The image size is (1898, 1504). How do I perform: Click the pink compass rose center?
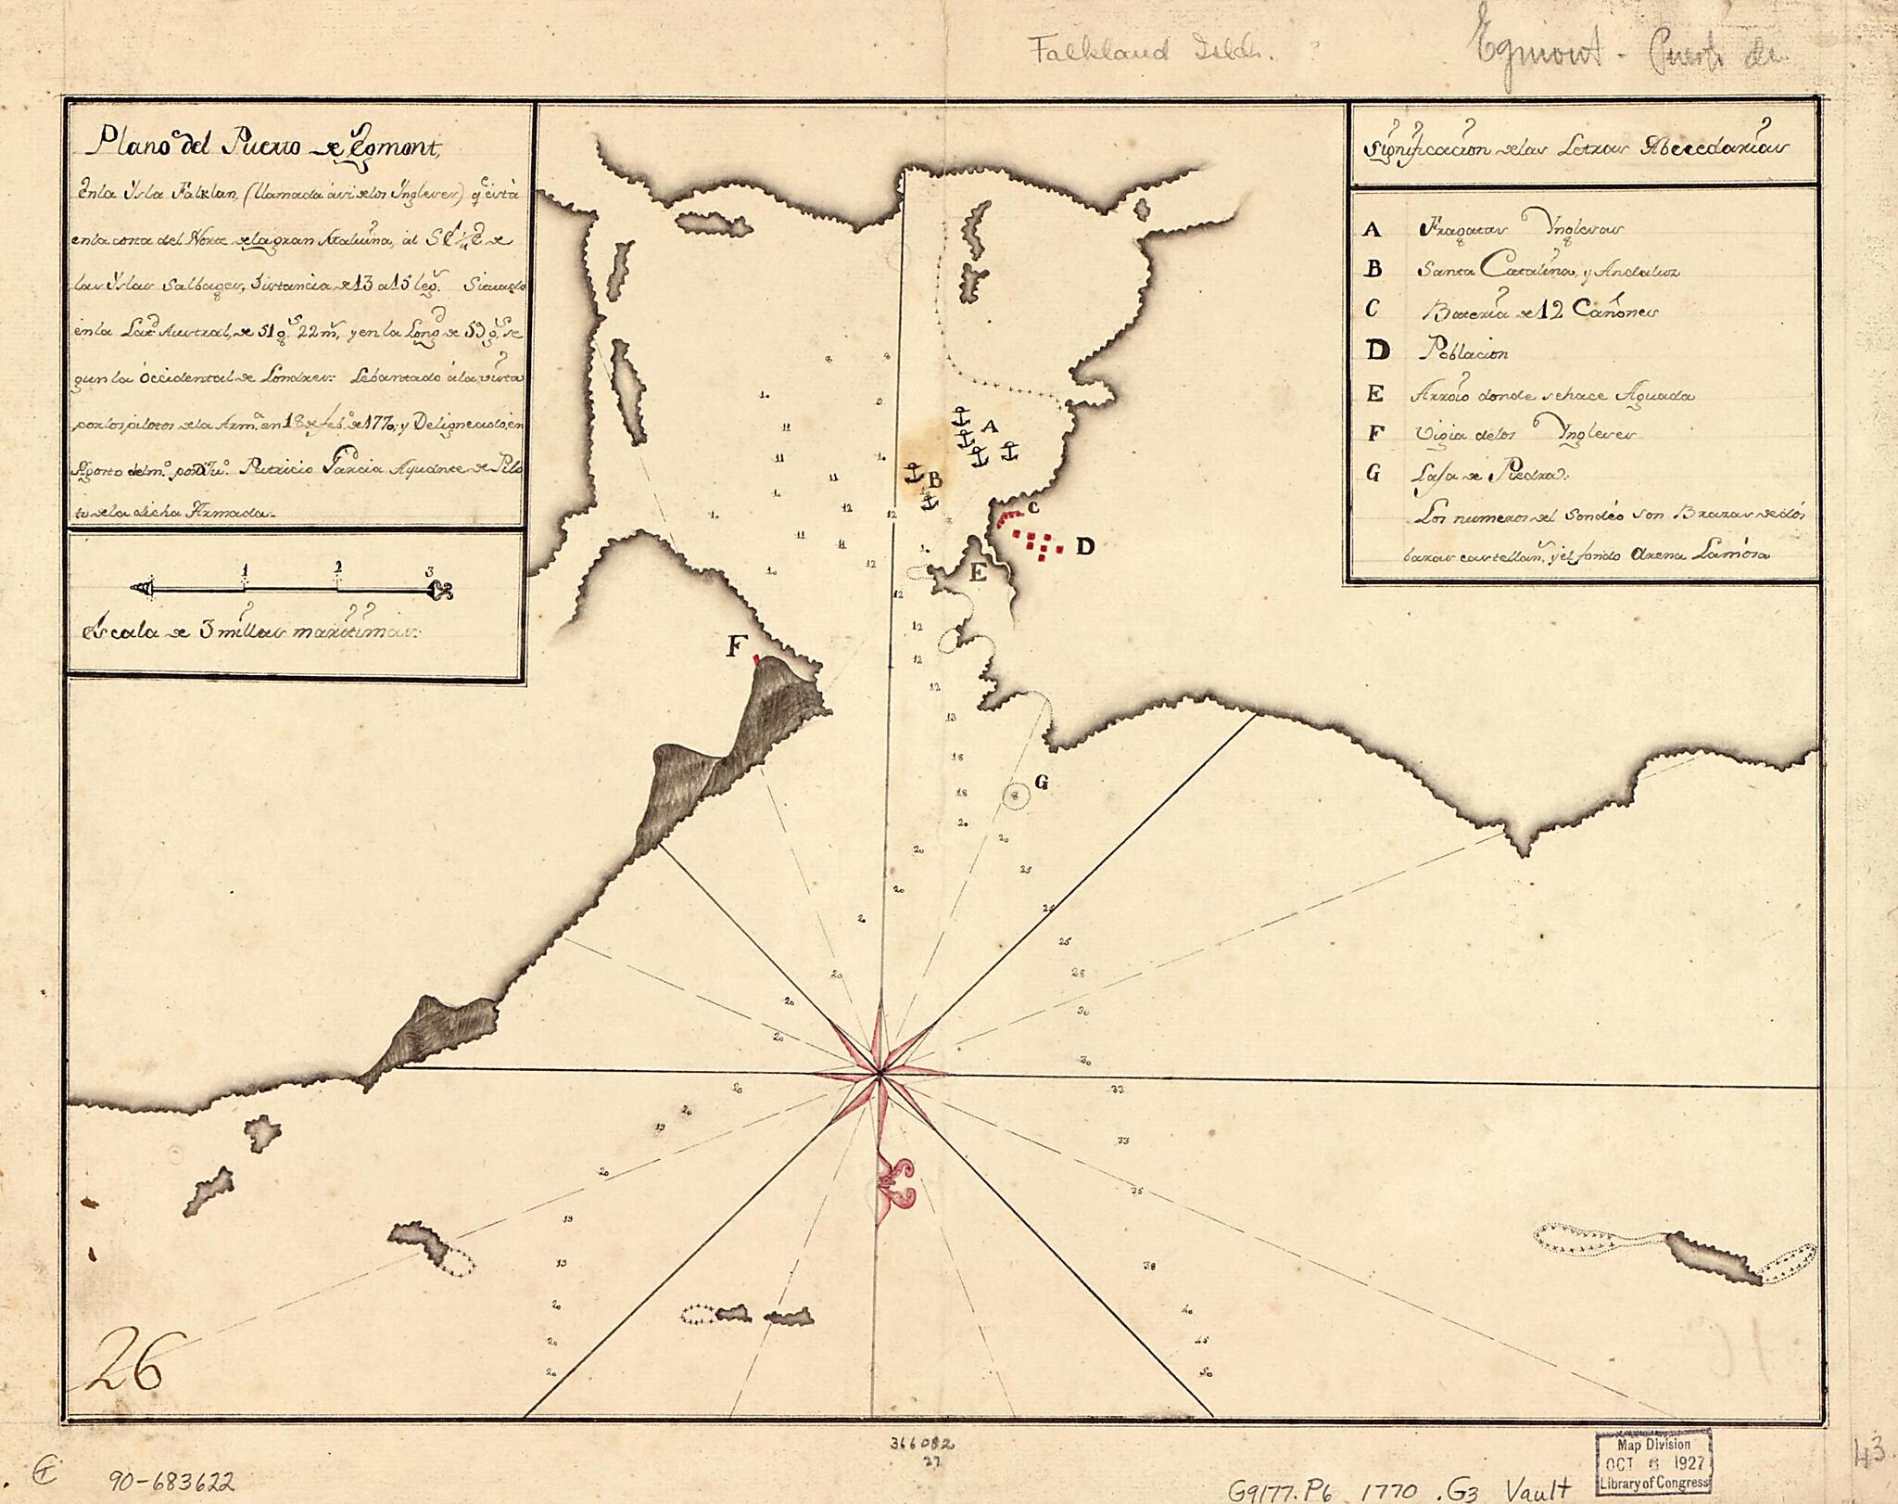[x=879, y=1075]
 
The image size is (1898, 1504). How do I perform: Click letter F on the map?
[x=736, y=647]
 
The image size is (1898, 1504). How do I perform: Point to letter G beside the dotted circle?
[x=1041, y=783]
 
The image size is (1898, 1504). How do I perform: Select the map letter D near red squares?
[x=1084, y=547]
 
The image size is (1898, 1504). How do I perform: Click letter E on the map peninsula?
[x=976, y=573]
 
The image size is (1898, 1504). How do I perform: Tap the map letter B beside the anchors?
[x=935, y=479]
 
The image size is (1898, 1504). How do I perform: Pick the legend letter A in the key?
[x=1373, y=230]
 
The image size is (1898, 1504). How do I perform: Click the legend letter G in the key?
[x=1373, y=474]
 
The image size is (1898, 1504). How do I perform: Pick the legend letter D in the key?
[x=1378, y=351]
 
